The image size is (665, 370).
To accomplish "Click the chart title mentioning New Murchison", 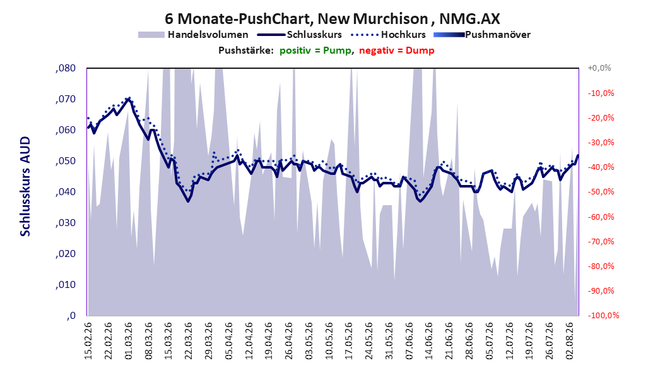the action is [332, 19].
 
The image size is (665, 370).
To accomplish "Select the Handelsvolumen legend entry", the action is [194, 35].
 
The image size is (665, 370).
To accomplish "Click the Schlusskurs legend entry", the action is [300, 35].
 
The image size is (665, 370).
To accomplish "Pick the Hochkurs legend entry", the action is [388, 35].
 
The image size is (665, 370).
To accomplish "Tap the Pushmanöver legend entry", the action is [482, 35].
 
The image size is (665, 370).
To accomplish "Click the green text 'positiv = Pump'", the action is [315, 51].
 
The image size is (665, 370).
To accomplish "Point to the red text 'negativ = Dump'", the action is [397, 51].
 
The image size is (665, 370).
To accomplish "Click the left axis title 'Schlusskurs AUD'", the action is [25, 186].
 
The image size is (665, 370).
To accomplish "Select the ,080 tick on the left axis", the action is [66, 68].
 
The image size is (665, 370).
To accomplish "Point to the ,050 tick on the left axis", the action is [66, 161].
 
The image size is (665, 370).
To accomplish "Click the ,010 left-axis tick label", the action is [66, 285].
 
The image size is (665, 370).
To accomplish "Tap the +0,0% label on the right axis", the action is [599, 68].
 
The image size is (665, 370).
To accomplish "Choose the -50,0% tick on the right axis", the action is [601, 192].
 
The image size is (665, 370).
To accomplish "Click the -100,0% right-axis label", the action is [603, 315].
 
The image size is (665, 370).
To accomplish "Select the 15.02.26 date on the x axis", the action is [88, 341].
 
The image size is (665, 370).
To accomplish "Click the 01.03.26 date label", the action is [129, 341].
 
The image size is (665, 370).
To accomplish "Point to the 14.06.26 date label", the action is [429, 341].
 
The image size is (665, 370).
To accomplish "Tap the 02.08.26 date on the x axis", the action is [570, 341].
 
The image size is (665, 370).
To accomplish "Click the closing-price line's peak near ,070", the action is [129, 98].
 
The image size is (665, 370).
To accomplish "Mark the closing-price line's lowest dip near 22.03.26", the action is [188, 201].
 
